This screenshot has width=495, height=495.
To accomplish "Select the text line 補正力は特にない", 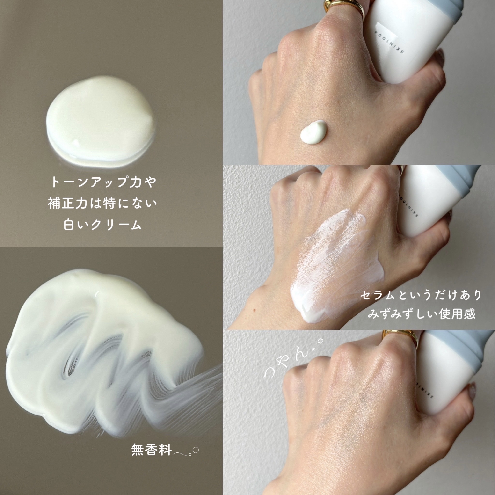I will click(x=102, y=204).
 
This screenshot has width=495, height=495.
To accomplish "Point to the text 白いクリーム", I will click(x=102, y=225).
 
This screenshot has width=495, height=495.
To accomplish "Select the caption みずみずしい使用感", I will click(x=422, y=314).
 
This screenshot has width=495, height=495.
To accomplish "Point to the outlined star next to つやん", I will click(x=320, y=341).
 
